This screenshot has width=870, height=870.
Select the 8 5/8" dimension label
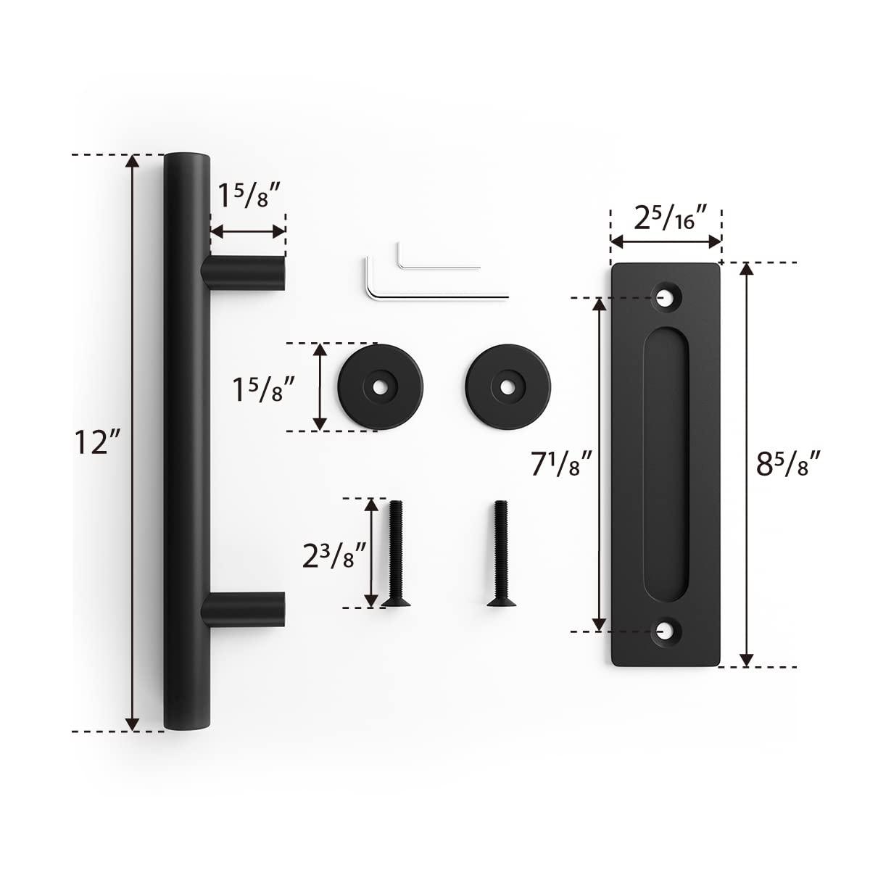click(x=788, y=464)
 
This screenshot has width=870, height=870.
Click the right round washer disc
click(x=507, y=387)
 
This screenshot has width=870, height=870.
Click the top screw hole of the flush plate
click(x=664, y=297)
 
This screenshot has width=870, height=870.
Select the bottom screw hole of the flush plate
click(x=664, y=631)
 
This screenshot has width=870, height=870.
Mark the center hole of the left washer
click(x=378, y=388)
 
